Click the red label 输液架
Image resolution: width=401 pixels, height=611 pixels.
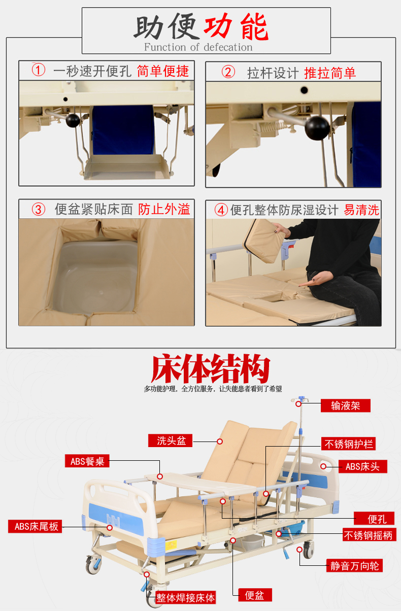click(345, 405)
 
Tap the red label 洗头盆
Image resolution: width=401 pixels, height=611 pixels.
click(170, 440)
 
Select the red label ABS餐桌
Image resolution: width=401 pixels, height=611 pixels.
click(87, 461)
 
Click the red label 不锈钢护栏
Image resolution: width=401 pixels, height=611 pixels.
click(348, 444)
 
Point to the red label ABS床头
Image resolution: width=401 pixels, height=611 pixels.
click(363, 466)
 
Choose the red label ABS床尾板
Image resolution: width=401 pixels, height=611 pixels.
click(35, 526)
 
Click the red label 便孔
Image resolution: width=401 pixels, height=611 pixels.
click(374, 518)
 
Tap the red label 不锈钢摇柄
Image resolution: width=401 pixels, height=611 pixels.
click(370, 534)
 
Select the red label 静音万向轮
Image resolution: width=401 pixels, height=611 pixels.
click(355, 565)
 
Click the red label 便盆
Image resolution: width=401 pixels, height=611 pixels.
click(255, 595)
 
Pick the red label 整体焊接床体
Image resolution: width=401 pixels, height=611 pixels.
click(185, 598)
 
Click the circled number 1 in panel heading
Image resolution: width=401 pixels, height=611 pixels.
click(38, 70)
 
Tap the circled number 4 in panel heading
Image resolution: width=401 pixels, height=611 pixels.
click(221, 210)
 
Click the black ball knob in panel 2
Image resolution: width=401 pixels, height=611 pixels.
click(316, 128)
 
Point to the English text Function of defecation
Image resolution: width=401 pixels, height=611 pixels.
click(198, 47)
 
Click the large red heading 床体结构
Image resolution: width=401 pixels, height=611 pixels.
click(211, 368)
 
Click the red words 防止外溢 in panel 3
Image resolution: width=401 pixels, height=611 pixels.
click(164, 209)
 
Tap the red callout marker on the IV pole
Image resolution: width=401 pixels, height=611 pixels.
click(298, 404)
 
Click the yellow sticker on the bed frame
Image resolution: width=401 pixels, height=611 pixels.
click(171, 545)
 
